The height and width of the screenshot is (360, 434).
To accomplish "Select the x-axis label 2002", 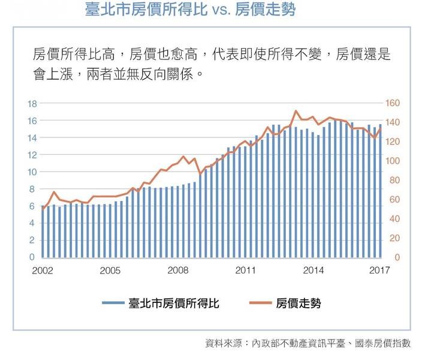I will [x=43, y=270].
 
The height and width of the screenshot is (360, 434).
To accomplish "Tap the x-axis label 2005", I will [x=110, y=270].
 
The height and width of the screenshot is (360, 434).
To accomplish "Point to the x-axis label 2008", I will [x=178, y=270].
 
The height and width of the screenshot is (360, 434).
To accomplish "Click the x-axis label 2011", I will [x=246, y=270].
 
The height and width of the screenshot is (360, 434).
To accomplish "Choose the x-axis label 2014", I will [x=314, y=270].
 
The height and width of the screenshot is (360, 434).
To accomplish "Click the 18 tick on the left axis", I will [x=32, y=104].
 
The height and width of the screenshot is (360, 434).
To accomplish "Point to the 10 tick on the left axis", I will [x=32, y=172].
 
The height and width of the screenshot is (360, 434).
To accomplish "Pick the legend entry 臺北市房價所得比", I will [x=174, y=304].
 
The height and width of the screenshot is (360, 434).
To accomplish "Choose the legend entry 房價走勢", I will [x=299, y=304].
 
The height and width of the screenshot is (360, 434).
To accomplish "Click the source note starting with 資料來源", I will [x=308, y=343].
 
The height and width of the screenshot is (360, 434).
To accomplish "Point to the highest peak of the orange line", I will [x=296, y=111].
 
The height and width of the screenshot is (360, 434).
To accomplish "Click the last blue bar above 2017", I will [x=380, y=191].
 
